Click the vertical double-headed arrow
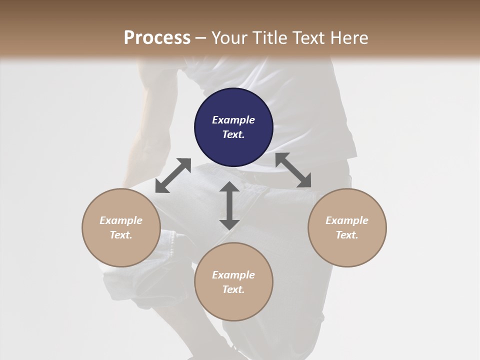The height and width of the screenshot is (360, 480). [229, 205]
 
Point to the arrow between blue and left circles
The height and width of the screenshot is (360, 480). [173, 175]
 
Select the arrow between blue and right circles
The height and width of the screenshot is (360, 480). [293, 170]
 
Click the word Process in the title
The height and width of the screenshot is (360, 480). [157, 37]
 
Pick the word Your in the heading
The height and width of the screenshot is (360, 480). [228, 37]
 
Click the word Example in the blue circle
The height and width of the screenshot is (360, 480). [233, 120]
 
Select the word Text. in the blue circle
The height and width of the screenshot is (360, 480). [233, 134]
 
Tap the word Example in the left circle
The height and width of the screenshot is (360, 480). [121, 220]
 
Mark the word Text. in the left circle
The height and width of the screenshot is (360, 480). [121, 235]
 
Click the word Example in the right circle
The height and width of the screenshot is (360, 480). [347, 220]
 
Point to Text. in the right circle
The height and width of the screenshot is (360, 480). [347, 235]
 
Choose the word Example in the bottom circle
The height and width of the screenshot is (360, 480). [233, 275]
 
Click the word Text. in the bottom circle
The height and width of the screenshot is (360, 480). [233, 289]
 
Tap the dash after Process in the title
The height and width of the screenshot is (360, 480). [201, 38]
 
